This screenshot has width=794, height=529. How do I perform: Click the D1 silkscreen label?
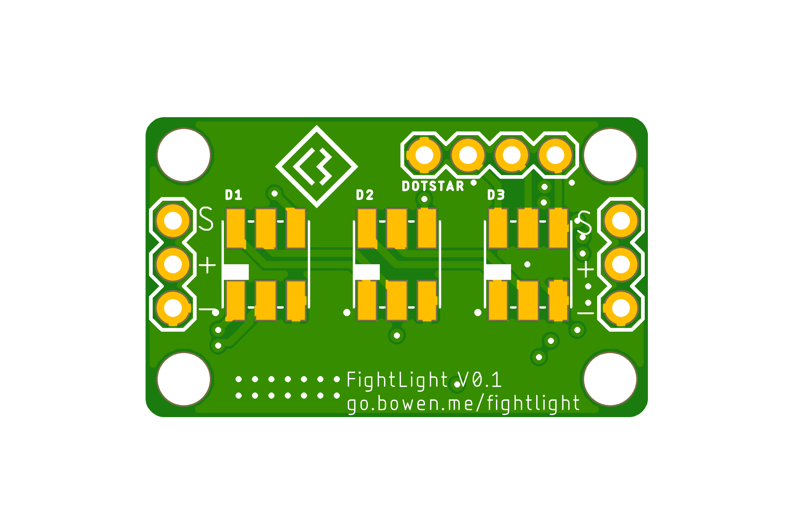click(x=234, y=195)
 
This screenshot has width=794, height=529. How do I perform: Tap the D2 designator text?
click(x=365, y=195)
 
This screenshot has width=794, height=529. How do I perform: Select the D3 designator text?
click(x=496, y=195)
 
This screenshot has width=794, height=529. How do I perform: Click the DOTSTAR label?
click(x=433, y=186)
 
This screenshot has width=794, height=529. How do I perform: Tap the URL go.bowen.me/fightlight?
click(x=463, y=404)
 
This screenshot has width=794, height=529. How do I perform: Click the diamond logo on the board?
click(x=317, y=167)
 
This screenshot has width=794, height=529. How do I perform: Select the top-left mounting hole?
click(x=184, y=155)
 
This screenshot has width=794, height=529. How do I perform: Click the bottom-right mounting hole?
click(x=610, y=379)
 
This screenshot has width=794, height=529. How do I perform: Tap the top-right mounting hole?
click(x=610, y=155)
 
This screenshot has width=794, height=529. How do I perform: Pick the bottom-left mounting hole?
click(x=184, y=379)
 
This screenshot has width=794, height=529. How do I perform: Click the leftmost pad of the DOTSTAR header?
click(x=424, y=155)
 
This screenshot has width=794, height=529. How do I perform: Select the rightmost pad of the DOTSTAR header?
click(x=555, y=155)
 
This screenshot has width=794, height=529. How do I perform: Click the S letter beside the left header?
click(x=206, y=219)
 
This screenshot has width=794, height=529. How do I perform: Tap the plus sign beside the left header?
click(x=207, y=265)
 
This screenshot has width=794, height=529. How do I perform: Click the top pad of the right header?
click(x=621, y=221)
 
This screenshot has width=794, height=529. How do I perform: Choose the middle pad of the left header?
click(x=173, y=264)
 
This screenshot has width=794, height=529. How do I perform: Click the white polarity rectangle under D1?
click(x=236, y=272)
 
